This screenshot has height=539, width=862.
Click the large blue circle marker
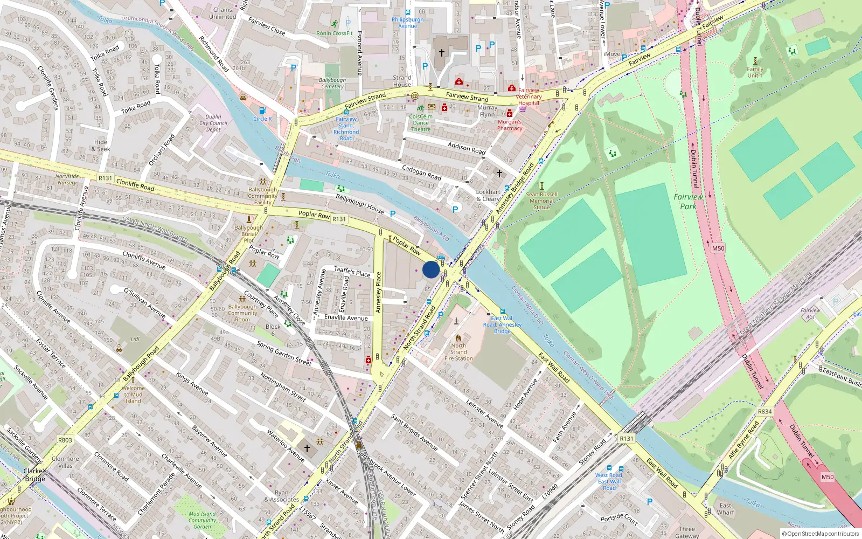pos(430,269)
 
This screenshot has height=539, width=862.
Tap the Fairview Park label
pos(688,202)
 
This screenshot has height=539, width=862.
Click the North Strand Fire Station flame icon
pos(458,338)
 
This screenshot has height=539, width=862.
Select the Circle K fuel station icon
pos(262,110)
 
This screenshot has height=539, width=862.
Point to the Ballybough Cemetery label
pos(332,84)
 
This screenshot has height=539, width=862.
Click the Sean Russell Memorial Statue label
pos(541,201)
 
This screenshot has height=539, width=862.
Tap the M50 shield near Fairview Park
pos(718,248)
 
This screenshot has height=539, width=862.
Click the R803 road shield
pos(65,440)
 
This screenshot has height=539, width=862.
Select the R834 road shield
pos(764,411)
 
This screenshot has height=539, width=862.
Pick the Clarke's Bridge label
pos(35,475)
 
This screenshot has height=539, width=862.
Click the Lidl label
pos(135,340)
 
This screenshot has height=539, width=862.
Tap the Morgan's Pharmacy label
pos(510,125)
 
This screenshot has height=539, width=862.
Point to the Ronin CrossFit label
pos(335,33)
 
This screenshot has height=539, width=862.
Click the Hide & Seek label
pos(100,146)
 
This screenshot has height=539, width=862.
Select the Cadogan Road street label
pos(421,172)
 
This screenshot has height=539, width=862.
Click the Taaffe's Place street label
pos(352,272)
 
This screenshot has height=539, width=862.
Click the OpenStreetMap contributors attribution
pos(820,534)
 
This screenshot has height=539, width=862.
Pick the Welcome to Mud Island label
pos(133,395)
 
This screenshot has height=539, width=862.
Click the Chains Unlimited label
pos(223,13)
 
